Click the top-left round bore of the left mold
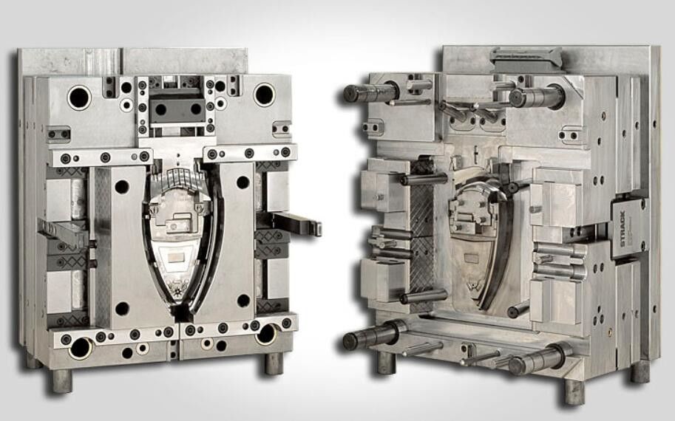point(79,96)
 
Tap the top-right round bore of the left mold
point(264,95)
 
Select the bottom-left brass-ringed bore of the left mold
point(81,346)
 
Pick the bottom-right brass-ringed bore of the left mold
point(265,334)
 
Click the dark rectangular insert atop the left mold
point(177,109)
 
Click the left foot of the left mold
point(61,380)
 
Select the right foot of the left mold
point(274,363)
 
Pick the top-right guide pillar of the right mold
point(535,97)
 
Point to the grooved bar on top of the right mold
point(525,55)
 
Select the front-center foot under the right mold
point(574,390)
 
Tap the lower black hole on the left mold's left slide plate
point(122,308)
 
